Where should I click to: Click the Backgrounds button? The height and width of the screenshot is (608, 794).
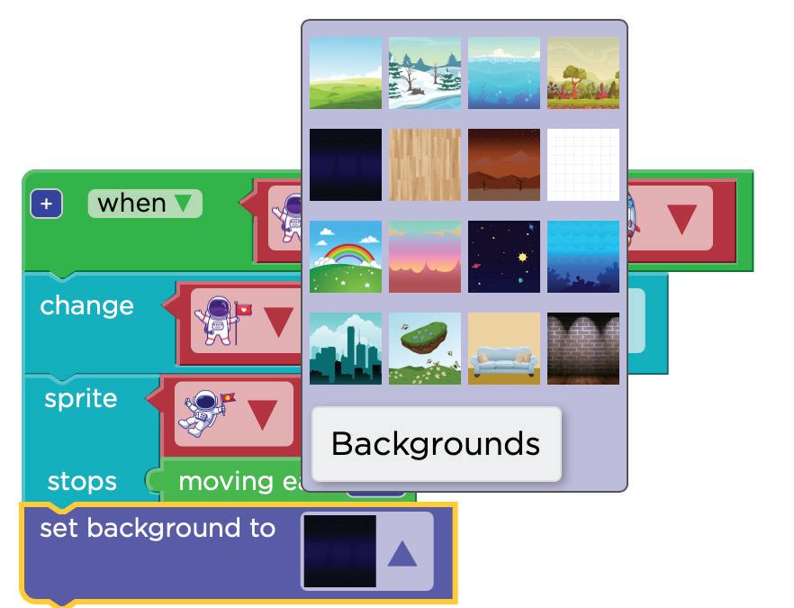coord(436,443)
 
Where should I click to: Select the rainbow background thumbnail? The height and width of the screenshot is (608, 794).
coord(345,257)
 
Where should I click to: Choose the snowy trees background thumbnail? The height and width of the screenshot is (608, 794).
coord(424,73)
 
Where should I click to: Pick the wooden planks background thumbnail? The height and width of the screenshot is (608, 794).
coord(424,165)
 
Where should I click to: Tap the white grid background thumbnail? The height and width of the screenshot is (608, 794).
coord(583,165)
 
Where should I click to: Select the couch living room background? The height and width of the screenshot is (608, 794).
coord(504,349)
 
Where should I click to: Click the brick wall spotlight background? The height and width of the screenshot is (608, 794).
coord(583,349)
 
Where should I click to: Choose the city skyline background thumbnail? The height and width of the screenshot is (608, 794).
coord(345,349)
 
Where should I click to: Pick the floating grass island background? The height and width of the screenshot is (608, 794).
coord(424,349)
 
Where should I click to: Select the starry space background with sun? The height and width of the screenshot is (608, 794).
coord(504,257)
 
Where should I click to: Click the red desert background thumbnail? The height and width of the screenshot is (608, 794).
coord(504,165)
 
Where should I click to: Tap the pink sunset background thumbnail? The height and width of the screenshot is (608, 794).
coord(424,257)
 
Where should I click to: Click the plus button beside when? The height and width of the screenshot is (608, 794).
coord(46,204)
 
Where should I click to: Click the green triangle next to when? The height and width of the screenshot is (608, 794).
coord(184,204)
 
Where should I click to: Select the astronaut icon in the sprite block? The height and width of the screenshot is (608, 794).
coord(203,413)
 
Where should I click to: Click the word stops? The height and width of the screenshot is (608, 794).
coord(82,482)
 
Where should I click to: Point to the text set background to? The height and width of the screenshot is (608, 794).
coord(158,528)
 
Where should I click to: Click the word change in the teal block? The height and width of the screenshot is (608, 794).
coord(86,305)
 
